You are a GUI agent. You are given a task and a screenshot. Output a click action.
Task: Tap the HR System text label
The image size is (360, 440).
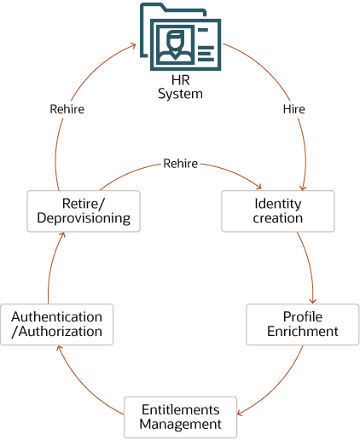coord(180,87)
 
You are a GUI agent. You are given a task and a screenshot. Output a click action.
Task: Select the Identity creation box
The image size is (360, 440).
coord(277,211)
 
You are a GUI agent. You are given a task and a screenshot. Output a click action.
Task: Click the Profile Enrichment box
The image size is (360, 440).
coord(303,324)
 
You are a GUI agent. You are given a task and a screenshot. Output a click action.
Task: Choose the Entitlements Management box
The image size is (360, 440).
coord(180,417)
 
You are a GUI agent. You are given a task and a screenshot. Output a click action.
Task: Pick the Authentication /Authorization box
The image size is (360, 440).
coord(56,324)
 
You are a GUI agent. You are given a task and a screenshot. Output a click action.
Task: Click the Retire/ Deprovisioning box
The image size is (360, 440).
coord(83,211)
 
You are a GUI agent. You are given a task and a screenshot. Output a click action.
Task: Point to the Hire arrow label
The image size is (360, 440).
coord(293,109)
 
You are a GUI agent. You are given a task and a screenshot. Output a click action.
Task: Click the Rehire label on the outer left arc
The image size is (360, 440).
coord(67,109)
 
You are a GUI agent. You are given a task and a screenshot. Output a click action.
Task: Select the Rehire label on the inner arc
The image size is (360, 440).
coord(180,163)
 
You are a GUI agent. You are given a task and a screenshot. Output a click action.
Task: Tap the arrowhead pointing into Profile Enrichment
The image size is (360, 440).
coord(314,299)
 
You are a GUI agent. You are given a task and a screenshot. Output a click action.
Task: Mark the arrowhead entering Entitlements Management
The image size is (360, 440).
coord(240,414)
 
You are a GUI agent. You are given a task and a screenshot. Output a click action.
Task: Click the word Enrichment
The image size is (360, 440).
coord(303,331)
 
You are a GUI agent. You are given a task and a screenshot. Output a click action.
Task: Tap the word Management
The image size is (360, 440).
coord(180,424)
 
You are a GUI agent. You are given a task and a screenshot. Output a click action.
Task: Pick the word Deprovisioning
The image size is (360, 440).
coord(83,217)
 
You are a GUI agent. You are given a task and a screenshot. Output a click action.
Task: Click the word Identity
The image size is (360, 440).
coord(277,204)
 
